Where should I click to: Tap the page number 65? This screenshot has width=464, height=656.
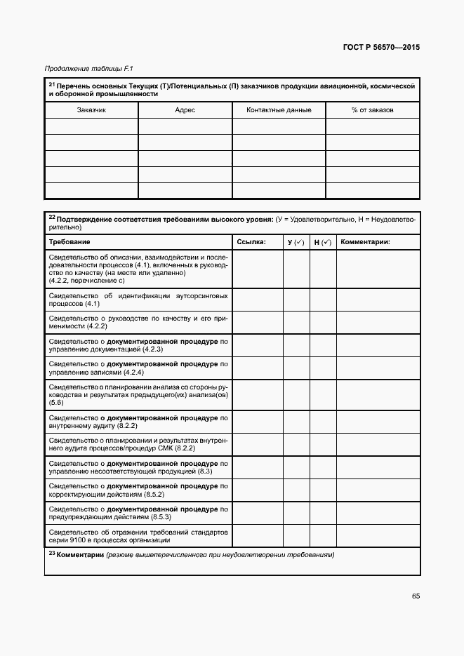click(x=416, y=596)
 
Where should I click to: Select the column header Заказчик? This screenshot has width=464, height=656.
click(x=91, y=110)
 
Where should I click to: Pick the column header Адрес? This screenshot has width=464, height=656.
click(x=185, y=110)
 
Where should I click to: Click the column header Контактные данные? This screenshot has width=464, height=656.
click(x=279, y=110)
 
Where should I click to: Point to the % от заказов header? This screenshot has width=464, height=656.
click(x=373, y=110)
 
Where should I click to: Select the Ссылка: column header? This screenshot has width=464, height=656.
click(x=251, y=242)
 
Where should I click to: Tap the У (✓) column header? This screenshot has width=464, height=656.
click(x=296, y=242)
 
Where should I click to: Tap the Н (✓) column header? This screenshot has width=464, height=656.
click(x=322, y=242)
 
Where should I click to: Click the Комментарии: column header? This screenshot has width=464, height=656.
click(x=365, y=242)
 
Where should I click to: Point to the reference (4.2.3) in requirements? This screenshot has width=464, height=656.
click(x=152, y=349)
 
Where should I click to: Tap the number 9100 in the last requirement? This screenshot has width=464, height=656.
click(x=75, y=540)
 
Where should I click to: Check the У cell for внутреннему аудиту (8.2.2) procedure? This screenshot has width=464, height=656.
click(x=296, y=422)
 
